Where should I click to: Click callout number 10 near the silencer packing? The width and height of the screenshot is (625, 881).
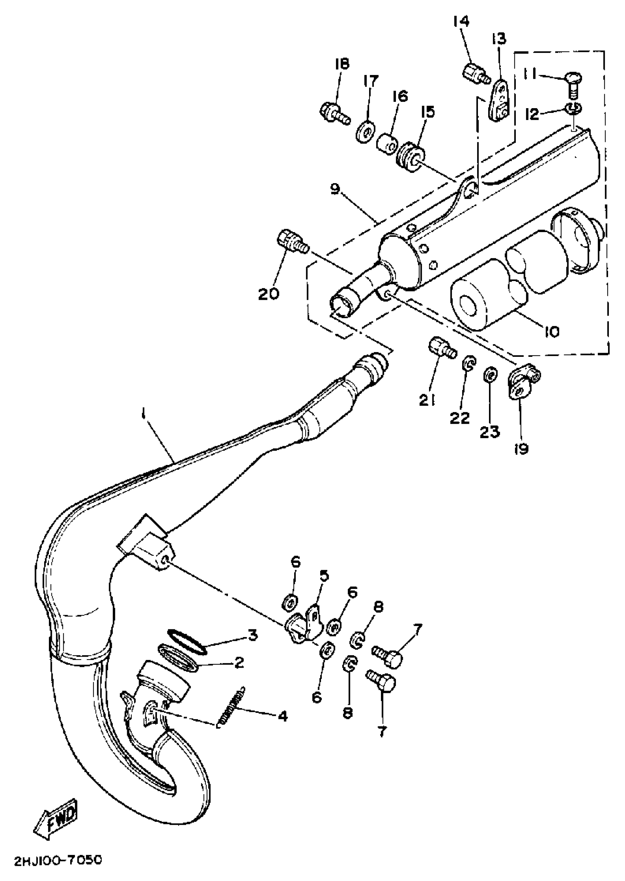pyautogui.click(x=551, y=331)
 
